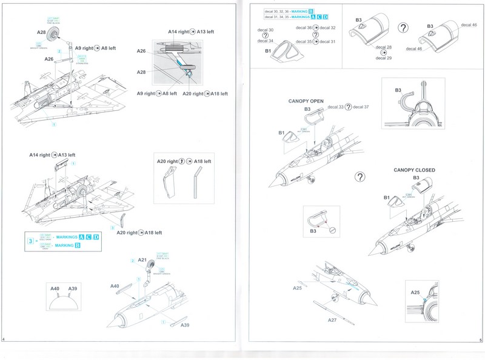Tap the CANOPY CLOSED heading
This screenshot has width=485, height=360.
pos(414,170)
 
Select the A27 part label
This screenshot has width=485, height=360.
pos(332,319)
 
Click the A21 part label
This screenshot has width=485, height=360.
pos(142,260)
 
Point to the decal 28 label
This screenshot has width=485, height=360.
pos(384,47)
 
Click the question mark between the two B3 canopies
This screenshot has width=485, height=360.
pos(403,28)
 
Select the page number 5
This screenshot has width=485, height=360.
pos(480,341)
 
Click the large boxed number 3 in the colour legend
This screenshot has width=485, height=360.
pos(30,241)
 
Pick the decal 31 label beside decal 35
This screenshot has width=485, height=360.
pos(327,41)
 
